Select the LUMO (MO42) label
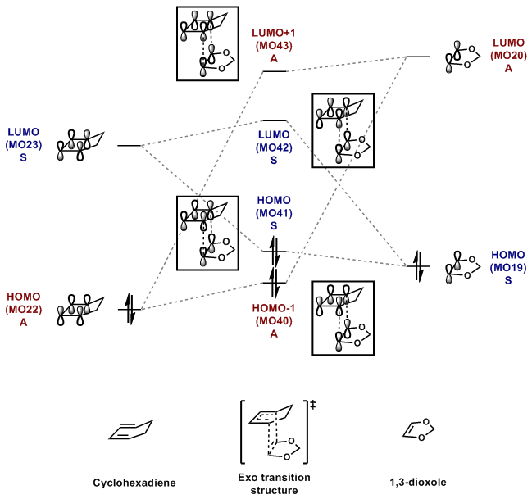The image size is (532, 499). pyautogui.click(x=274, y=147)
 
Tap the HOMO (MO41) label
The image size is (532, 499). pyautogui.click(x=274, y=212)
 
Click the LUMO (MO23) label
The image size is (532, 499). pyautogui.click(x=22, y=143)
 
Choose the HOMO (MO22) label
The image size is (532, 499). pyautogui.click(x=22, y=308)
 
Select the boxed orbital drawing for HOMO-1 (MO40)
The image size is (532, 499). pyautogui.click(x=343, y=317)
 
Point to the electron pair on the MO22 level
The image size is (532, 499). pyautogui.click(x=130, y=309)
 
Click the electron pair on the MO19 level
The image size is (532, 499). pyautogui.click(x=419, y=266)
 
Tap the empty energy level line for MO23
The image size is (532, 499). pyautogui.click(x=130, y=146)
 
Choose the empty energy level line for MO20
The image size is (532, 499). pyautogui.click(x=418, y=57)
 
